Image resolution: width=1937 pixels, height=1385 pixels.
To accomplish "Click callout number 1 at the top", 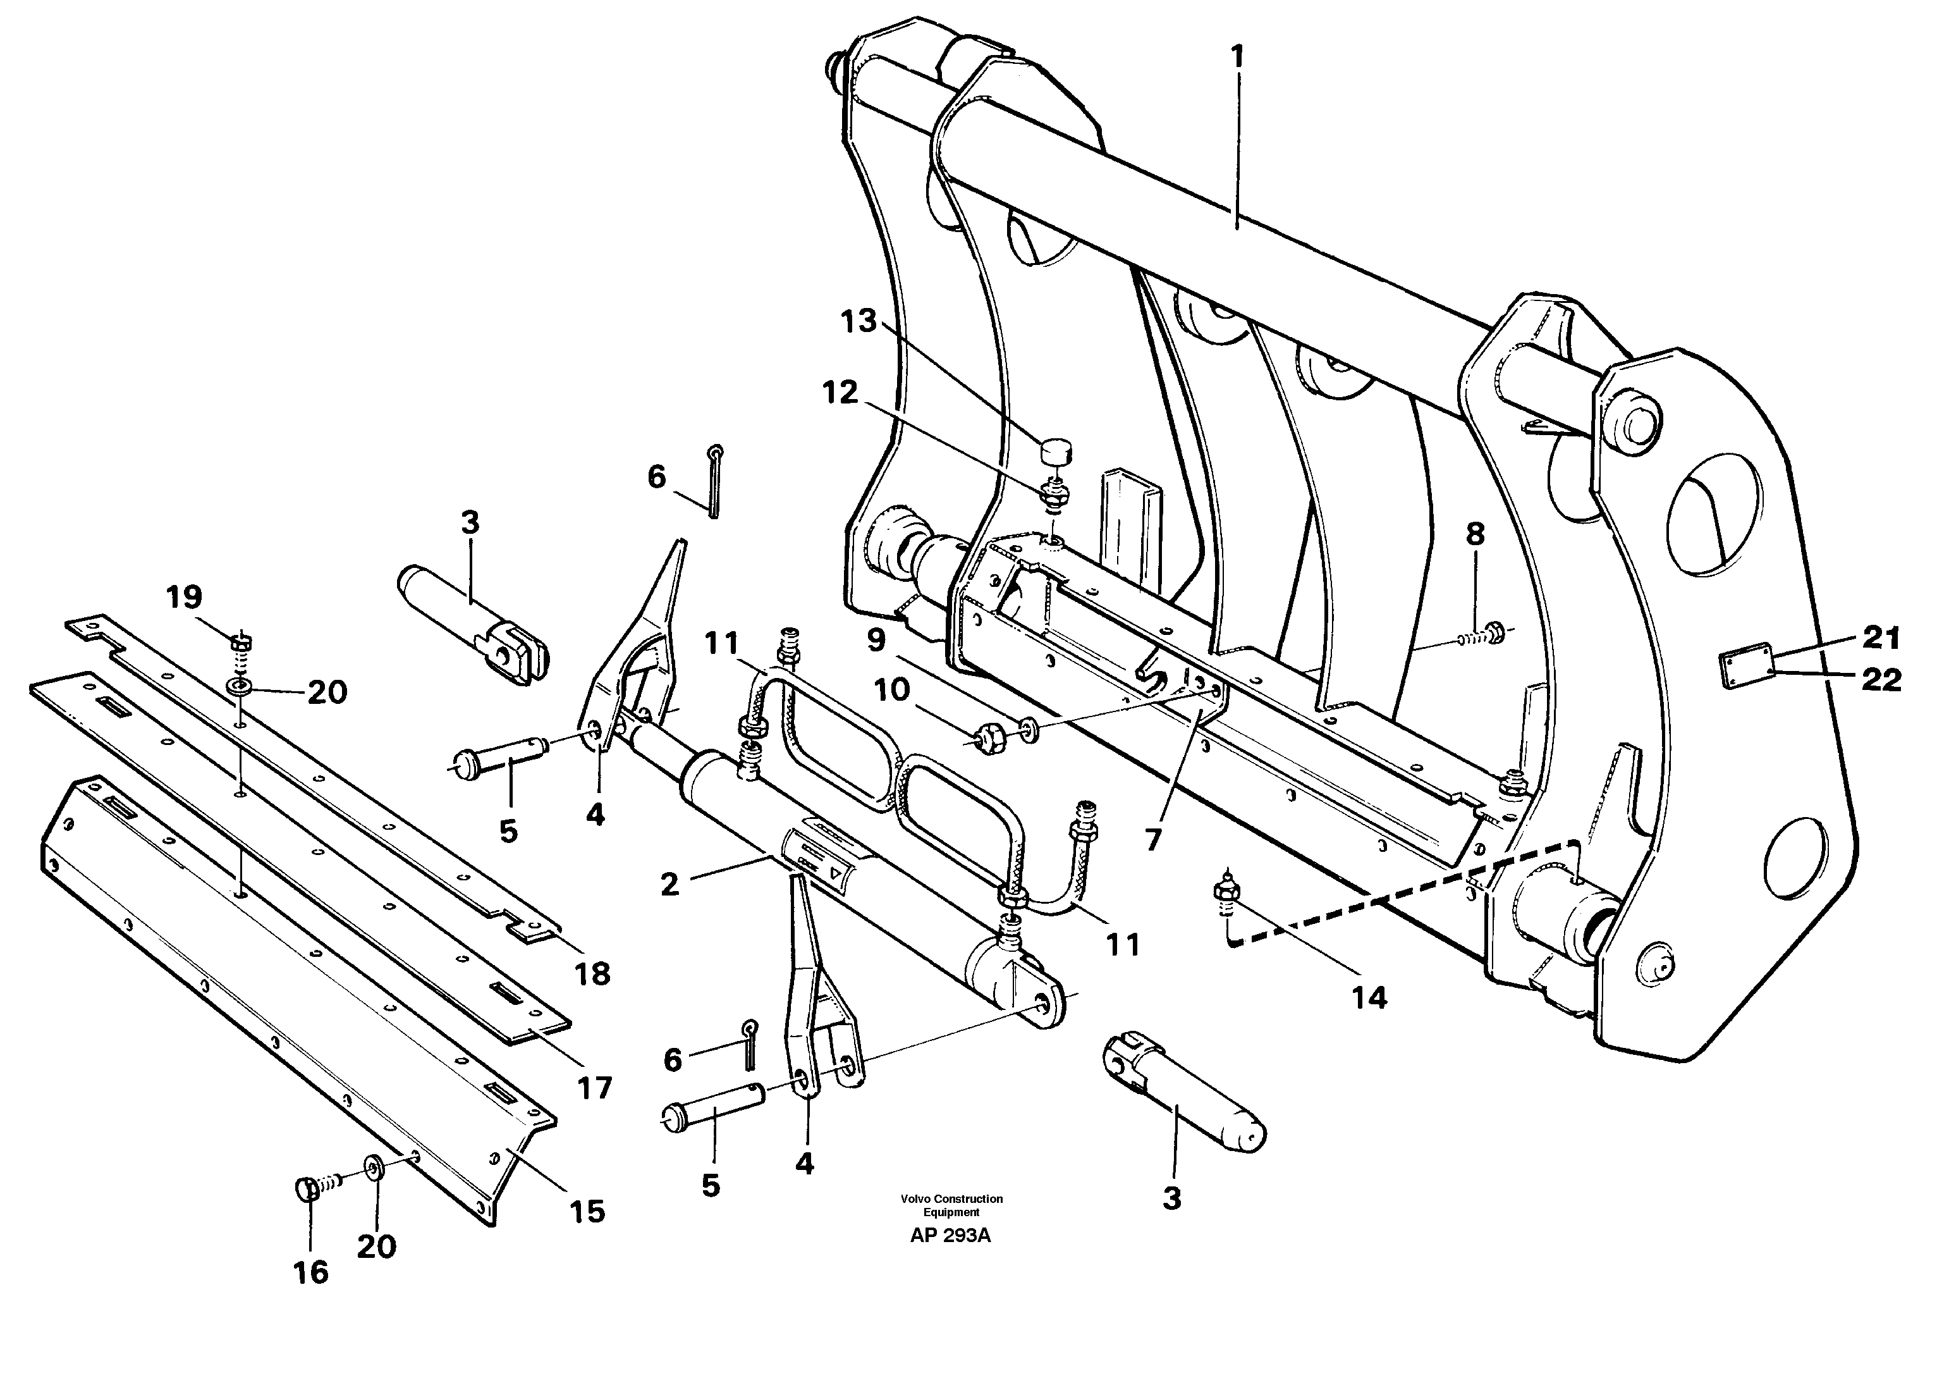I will click(x=1236, y=59).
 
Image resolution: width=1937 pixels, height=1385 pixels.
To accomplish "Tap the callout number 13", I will click(x=858, y=323).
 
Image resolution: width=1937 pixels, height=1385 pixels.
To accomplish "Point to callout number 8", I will click(x=1475, y=536).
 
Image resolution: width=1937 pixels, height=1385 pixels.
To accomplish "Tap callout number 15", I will click(x=587, y=1211).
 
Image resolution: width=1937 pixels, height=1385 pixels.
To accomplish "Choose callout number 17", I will click(x=594, y=1088).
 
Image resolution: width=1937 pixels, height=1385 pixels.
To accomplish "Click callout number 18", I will click(x=592, y=974).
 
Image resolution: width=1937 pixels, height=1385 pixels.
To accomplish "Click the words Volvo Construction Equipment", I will click(x=951, y=1205).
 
